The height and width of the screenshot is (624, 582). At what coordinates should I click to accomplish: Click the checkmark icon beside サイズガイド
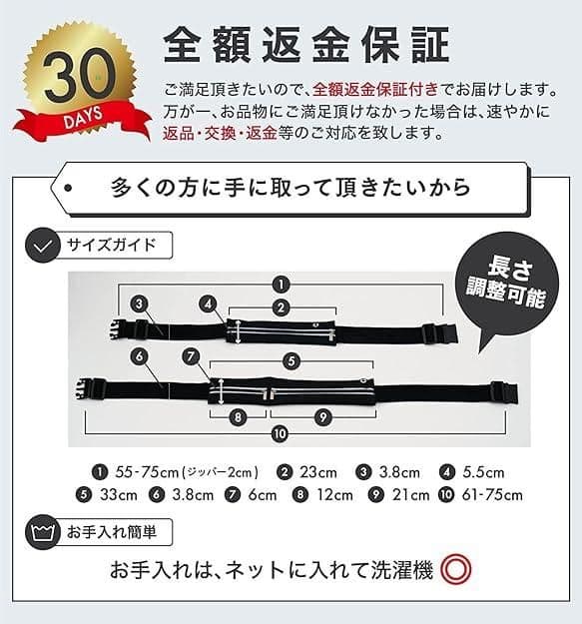click(x=42, y=246)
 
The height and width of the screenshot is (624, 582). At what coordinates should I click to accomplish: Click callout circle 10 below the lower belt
click(x=281, y=433)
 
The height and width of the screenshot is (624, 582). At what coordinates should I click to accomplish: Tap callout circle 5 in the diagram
click(x=291, y=360)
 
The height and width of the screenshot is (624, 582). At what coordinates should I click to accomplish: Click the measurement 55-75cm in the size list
click(x=145, y=472)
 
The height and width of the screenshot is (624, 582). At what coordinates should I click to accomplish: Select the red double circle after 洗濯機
click(x=455, y=570)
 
